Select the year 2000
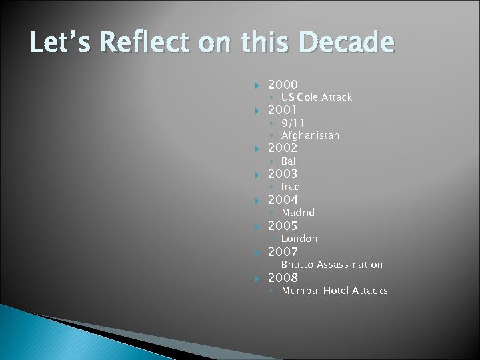[283, 85]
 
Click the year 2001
[283, 110]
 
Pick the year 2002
[283, 148]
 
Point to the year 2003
[283, 174]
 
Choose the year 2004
[283, 200]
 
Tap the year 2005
[283, 226]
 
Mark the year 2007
[283, 252]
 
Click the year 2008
[283, 278]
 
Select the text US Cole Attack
[316, 97]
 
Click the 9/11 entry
[293, 123]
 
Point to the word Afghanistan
[310, 135]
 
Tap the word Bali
[289, 161]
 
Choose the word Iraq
[290, 187]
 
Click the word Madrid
[298, 213]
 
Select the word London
[299, 239]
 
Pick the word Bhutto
[297, 265]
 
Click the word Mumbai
[301, 291]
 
